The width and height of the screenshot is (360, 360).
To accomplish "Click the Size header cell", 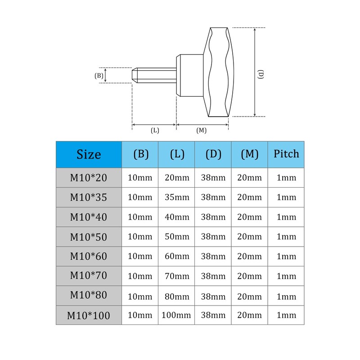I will tap(89, 154).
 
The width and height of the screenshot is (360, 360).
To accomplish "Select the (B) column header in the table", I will tap(140, 154).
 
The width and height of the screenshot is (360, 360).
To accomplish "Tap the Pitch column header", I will tap(286, 154).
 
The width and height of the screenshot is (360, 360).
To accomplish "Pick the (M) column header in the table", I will tap(249, 154).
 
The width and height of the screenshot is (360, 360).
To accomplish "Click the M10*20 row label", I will tap(89, 178).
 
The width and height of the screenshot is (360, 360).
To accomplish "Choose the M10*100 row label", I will tap(89, 315).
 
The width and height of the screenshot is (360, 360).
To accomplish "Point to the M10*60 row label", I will tap(89, 256).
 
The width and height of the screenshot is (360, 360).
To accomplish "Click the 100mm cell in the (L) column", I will tap(177, 315).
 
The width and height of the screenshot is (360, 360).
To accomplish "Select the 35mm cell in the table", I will tap(177, 198).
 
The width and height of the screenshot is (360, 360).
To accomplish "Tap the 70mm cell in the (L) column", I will tap(177, 276).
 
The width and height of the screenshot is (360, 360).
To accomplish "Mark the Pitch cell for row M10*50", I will tap(286, 237).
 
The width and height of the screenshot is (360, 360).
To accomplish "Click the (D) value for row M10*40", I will tap(213, 217).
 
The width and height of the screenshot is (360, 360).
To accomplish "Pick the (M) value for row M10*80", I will tap(249, 296).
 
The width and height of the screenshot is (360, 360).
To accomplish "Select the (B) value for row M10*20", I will tap(140, 178).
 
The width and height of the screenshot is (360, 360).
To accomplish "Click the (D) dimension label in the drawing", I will tap(261, 74).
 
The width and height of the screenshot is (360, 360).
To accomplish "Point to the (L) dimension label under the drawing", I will tap(155, 130).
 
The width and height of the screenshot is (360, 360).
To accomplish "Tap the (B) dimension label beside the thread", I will tap(99, 76).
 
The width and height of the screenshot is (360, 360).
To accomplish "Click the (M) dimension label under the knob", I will tap(202, 130).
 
